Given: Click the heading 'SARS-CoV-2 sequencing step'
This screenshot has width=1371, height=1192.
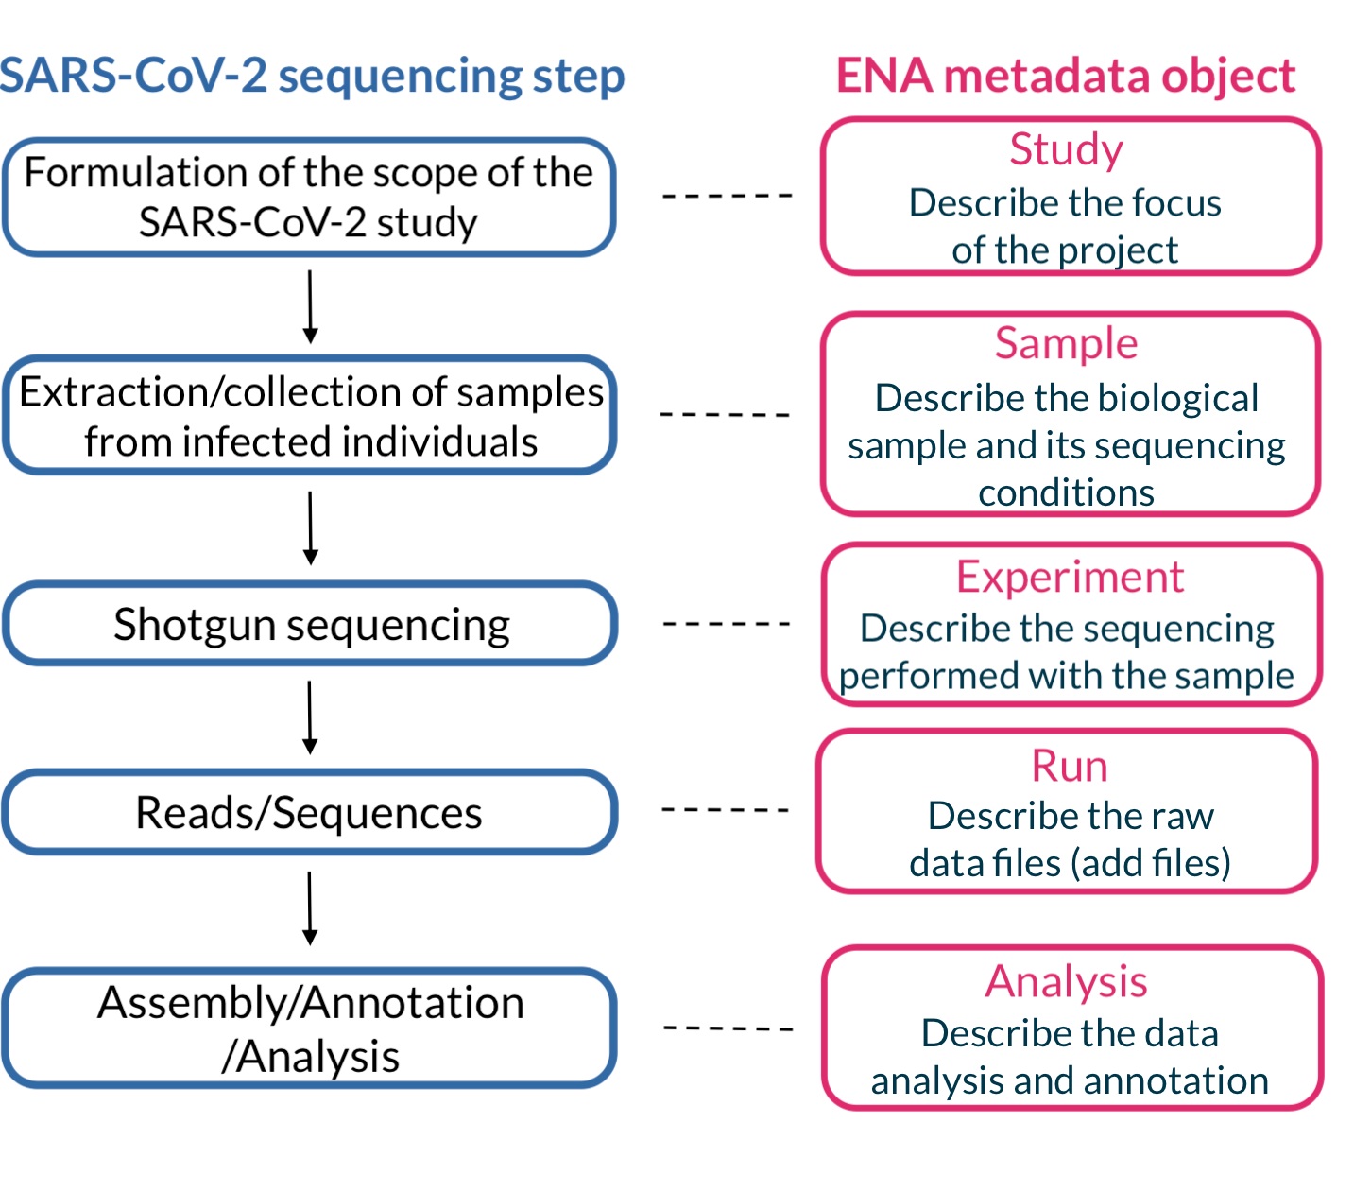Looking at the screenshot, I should pyautogui.click(x=312, y=76).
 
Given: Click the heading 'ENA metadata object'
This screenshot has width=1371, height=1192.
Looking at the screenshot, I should pyautogui.click(x=1065, y=76).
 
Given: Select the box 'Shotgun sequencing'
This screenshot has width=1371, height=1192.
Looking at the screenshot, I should pyautogui.click(x=310, y=625).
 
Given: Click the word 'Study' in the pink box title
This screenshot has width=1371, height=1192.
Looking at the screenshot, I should pyautogui.click(x=1066, y=149).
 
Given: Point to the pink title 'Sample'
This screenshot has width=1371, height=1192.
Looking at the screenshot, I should pyautogui.click(x=1066, y=343).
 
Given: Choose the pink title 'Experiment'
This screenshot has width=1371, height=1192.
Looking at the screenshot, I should pyautogui.click(x=1070, y=577).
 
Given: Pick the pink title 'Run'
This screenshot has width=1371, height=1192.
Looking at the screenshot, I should pyautogui.click(x=1069, y=766).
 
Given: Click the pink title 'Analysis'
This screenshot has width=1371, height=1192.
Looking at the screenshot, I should pyautogui.click(x=1066, y=981).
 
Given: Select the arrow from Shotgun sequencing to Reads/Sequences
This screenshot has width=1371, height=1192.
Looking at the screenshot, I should pyautogui.click(x=310, y=717).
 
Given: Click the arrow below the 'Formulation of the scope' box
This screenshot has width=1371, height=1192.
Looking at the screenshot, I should pyautogui.click(x=310, y=307).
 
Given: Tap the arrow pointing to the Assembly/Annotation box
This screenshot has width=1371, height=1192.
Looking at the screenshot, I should pyautogui.click(x=310, y=908).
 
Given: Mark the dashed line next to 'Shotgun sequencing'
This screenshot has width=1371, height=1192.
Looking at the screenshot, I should pyautogui.click(x=727, y=624).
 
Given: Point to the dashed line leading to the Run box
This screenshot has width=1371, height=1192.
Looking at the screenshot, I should pyautogui.click(x=725, y=810).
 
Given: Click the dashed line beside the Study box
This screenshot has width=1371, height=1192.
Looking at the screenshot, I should pyautogui.click(x=728, y=196).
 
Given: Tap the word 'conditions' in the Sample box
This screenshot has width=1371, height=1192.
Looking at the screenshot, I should pyautogui.click(x=1066, y=493).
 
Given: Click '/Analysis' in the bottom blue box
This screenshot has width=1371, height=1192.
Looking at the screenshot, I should pyautogui.click(x=310, y=1057).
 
